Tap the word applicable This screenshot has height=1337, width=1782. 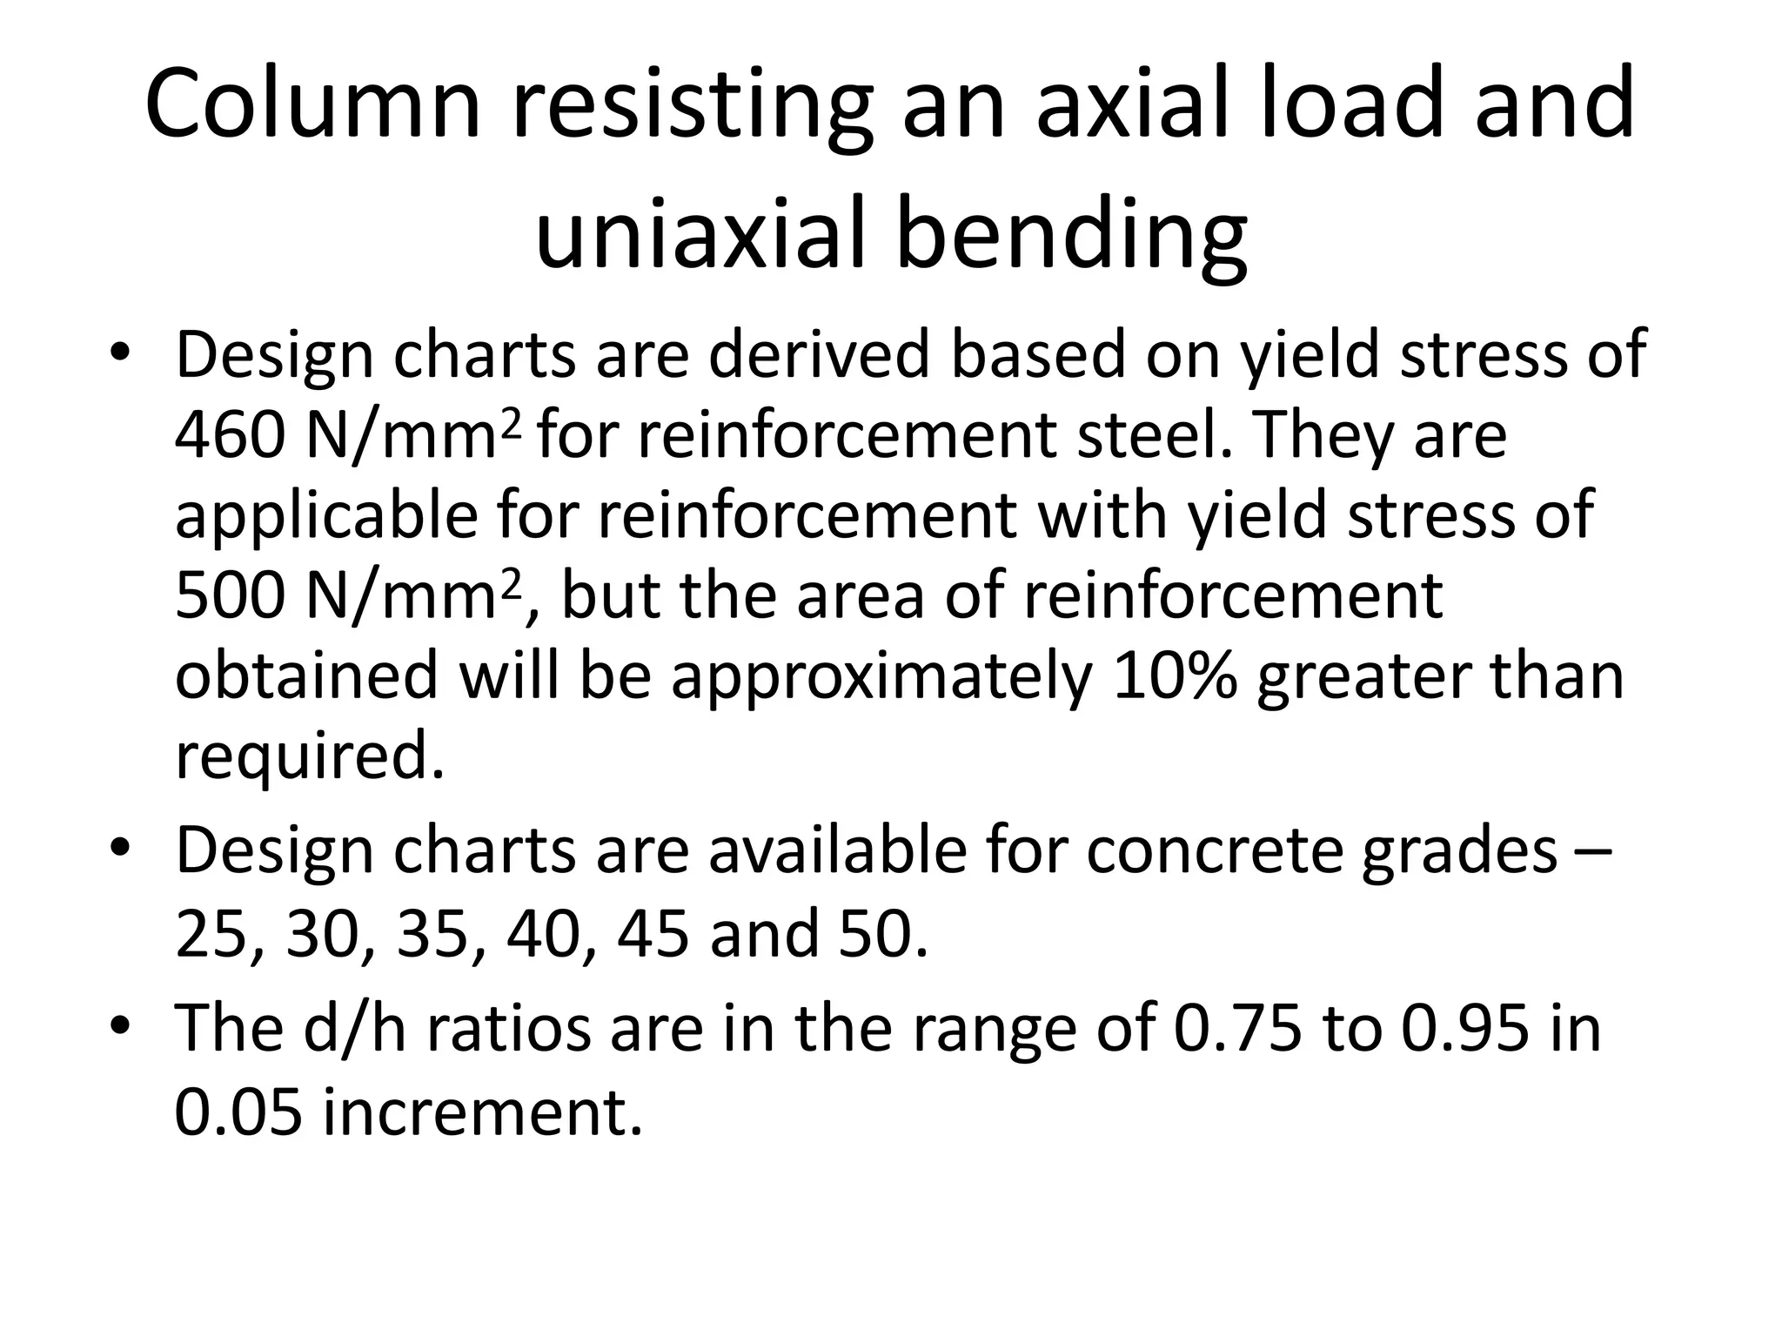point(326,515)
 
